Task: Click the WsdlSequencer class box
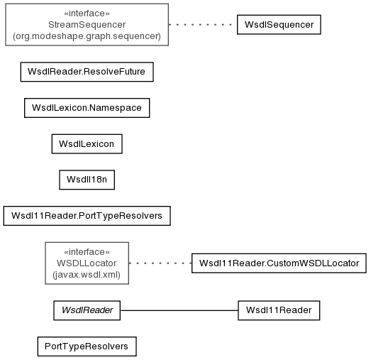tap(279, 25)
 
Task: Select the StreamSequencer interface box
tap(87, 25)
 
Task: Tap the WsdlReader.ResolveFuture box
tap(87, 72)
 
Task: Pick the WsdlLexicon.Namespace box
tap(87, 108)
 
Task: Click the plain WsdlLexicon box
tap(87, 143)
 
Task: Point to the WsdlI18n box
tap(87, 180)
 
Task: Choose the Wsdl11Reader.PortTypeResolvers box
tap(87, 216)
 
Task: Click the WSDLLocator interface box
tap(87, 263)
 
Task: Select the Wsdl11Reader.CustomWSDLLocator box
tap(279, 263)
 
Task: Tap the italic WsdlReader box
tap(87, 310)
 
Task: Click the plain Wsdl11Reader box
tap(279, 310)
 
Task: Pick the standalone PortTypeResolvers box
tap(87, 347)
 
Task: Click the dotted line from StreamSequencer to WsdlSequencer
tap(203, 25)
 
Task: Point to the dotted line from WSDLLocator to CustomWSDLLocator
tap(160, 263)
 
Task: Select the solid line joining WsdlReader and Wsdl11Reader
tap(179, 310)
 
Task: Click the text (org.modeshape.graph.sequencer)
tap(87, 36)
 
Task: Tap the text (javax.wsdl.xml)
tap(87, 275)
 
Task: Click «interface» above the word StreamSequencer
tap(87, 13)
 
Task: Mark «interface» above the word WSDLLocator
tap(87, 252)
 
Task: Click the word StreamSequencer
tap(87, 25)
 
